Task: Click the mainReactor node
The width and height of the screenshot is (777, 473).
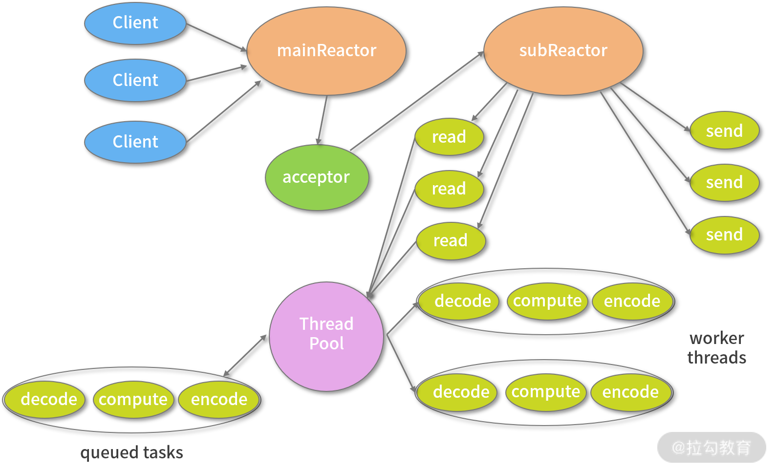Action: point(326,51)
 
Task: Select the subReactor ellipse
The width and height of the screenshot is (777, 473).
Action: point(563,51)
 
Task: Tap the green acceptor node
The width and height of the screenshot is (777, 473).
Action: point(317,177)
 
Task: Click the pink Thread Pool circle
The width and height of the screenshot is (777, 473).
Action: point(326,336)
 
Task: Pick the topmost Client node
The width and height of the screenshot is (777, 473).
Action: point(135,23)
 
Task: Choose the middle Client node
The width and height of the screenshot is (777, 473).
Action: point(135,80)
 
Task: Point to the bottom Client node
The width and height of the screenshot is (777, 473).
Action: point(135,142)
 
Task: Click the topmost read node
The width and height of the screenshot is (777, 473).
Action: point(449,137)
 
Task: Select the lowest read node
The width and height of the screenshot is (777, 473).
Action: point(451,240)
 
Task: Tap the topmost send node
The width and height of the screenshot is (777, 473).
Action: point(724,131)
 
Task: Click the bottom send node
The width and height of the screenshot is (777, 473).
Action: point(724,235)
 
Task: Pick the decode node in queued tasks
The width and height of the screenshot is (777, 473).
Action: point(49,399)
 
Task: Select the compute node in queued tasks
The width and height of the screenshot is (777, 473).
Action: point(133,399)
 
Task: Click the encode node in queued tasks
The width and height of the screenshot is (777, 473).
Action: point(219,399)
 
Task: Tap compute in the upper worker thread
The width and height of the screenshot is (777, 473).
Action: point(547,301)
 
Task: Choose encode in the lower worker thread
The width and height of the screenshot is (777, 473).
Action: point(630,392)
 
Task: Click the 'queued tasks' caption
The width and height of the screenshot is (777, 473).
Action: point(131,452)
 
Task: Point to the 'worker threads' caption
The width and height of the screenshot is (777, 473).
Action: point(717,347)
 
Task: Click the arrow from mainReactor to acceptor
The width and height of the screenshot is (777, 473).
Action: point(322,120)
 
